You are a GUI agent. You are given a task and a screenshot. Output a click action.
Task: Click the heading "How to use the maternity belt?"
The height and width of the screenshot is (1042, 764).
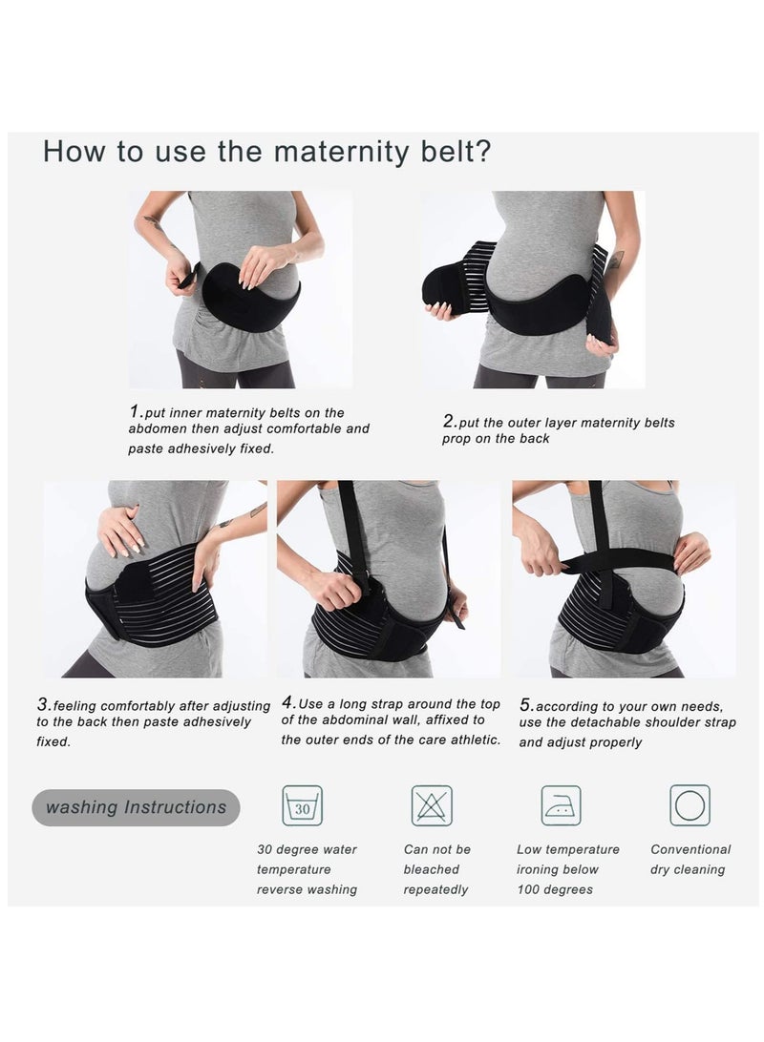click(267, 152)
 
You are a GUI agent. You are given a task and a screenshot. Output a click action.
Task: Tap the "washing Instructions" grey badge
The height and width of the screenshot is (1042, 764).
click(136, 807)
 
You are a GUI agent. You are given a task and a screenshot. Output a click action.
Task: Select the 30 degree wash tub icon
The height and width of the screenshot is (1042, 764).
click(302, 805)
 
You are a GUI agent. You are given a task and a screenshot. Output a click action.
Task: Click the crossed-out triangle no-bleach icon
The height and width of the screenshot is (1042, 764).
click(432, 805)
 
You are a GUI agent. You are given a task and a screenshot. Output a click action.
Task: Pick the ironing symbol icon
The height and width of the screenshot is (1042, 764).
click(561, 805)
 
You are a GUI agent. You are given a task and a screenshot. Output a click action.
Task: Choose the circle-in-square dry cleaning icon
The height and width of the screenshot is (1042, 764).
click(690, 805)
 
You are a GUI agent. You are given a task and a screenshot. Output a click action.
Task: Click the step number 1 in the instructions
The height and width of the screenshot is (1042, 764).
click(135, 412)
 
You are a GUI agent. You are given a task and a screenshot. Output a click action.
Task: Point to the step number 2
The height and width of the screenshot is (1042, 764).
click(448, 421)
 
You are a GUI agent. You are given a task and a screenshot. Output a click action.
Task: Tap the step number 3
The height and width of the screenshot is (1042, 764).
click(43, 705)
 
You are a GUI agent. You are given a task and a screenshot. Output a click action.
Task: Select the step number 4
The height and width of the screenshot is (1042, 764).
click(286, 702)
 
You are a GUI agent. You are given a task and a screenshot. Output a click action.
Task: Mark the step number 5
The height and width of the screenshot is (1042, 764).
click(525, 705)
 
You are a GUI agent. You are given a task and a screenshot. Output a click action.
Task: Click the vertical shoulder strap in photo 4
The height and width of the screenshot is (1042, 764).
click(352, 534)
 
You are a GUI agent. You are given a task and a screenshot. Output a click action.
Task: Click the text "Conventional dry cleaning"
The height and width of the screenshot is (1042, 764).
click(690, 860)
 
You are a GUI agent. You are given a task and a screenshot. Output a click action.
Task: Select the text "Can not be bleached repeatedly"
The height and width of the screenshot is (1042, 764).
click(436, 869)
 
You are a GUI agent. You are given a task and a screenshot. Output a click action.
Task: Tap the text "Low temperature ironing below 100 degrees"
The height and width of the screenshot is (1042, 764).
click(567, 869)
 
